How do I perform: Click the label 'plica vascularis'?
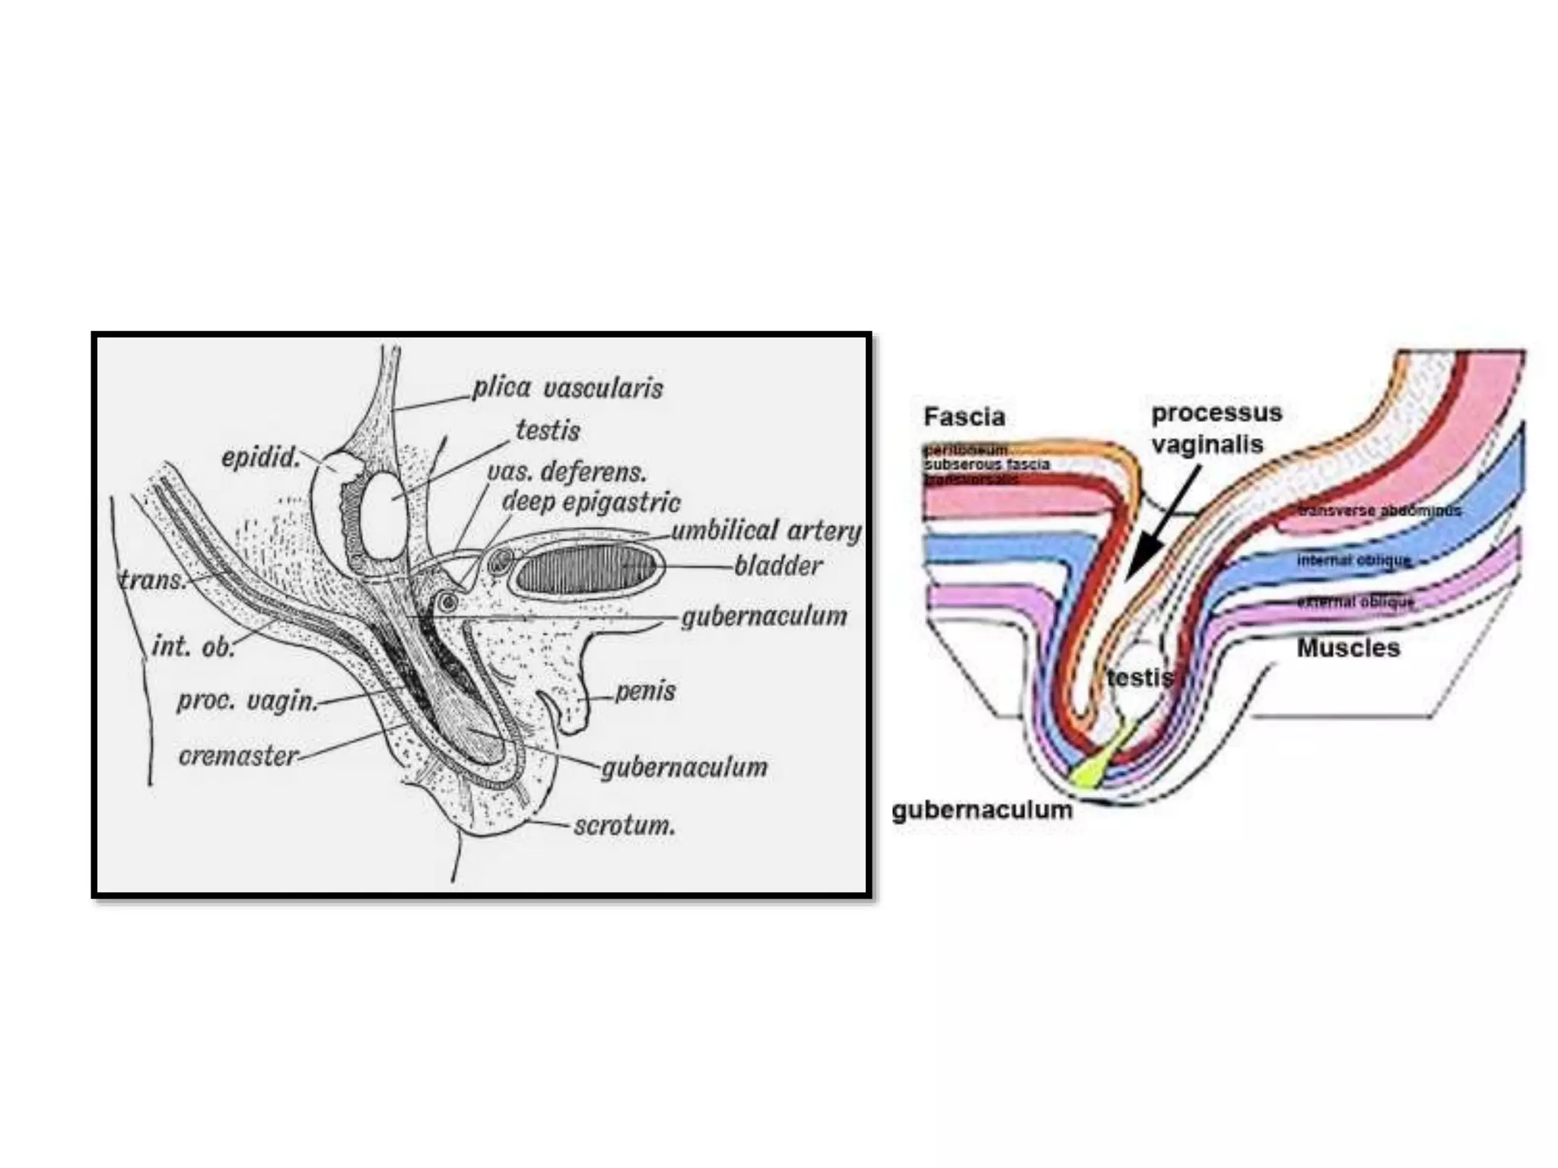point(568,389)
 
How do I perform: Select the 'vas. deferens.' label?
point(567,472)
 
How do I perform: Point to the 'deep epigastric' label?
point(591,503)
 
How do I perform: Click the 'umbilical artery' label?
point(766,531)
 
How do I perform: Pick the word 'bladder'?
point(778,566)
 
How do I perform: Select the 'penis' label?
point(645,691)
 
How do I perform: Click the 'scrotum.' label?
point(625,826)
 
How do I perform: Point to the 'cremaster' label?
point(238,757)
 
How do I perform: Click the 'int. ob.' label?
point(192,646)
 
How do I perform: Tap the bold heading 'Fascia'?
point(964,417)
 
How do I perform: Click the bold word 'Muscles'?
point(1348,648)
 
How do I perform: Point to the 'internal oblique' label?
point(1353,560)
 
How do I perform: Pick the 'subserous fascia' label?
point(987,464)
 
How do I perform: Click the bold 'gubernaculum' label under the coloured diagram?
point(981,810)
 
